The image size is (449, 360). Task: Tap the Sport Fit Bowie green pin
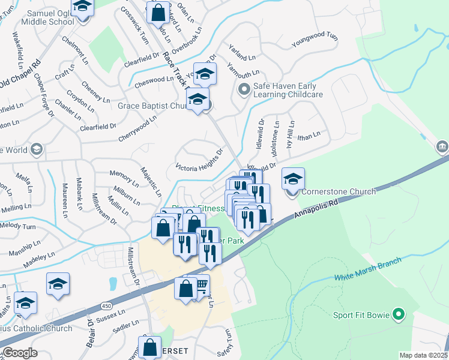[397, 314]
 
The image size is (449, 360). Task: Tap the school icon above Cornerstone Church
[293, 179]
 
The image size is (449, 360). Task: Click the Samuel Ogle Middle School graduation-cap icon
[82, 8]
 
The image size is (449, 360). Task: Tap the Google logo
[20, 353]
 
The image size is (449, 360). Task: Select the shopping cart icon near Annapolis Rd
[201, 284]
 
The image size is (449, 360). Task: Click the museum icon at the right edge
[441, 146]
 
